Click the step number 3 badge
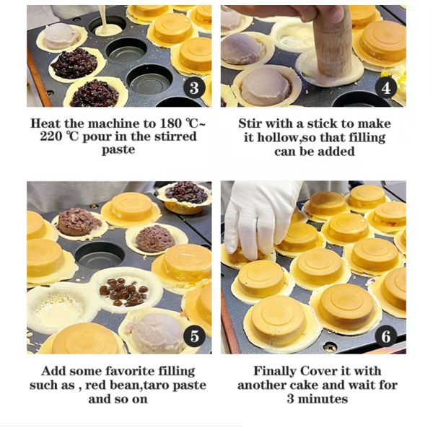click(194, 87)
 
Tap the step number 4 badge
click(386, 88)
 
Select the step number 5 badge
click(194, 336)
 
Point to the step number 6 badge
click(386, 336)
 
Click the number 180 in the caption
click(171, 123)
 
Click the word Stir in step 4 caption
click(250, 123)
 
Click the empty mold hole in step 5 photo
click(100, 256)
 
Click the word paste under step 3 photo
click(118, 150)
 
